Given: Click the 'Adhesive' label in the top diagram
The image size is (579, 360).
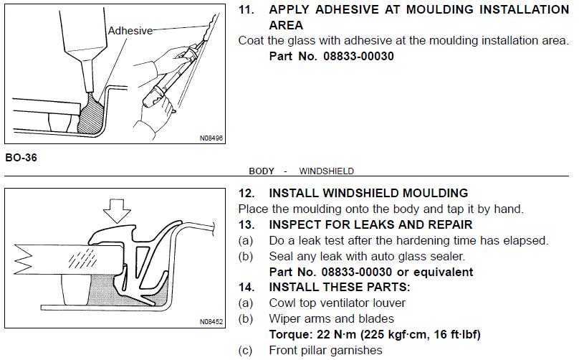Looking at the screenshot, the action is (130, 31).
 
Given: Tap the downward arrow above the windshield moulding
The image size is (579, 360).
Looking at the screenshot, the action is (117, 211).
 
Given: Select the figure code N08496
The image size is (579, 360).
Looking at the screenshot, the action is (211, 138).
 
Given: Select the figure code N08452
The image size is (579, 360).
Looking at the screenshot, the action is (211, 321).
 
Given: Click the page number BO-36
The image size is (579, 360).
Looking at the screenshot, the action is (21, 158).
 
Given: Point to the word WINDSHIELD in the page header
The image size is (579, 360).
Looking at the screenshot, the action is (327, 171).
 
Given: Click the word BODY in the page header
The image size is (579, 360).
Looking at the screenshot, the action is (262, 171).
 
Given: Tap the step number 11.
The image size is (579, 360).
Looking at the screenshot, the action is (247, 9).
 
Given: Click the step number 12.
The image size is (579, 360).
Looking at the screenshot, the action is (247, 194).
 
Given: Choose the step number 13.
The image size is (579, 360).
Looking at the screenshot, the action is (247, 224).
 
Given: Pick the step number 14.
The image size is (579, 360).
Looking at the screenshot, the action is (247, 287).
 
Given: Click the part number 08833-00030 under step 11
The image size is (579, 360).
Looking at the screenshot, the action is (358, 56).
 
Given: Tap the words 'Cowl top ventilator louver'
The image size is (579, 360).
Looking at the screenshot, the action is (337, 303).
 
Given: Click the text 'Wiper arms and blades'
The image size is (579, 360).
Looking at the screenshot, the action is (331, 318).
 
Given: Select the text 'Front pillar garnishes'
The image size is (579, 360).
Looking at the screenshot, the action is (325, 350).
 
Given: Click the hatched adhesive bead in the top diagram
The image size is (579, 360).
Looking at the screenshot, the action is (91, 116).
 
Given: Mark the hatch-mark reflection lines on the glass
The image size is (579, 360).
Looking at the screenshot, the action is (82, 258).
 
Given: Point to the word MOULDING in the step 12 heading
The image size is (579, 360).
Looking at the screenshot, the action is (435, 194).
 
